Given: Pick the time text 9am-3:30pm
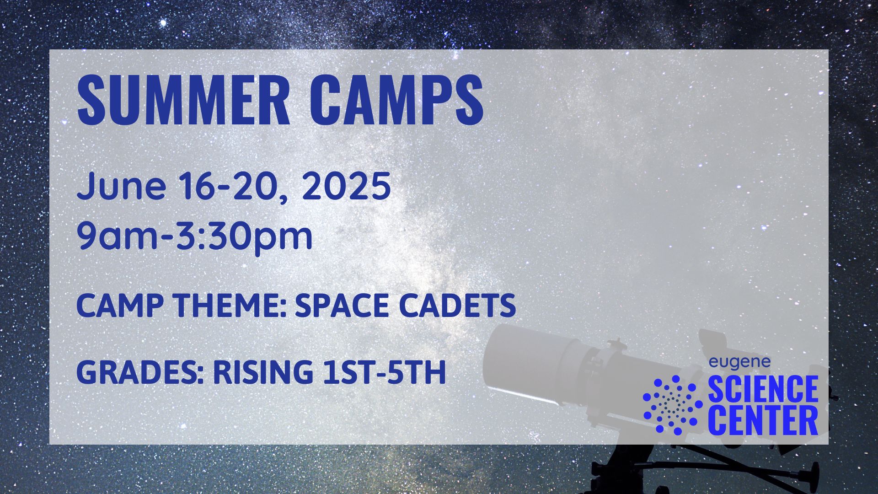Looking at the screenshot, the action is (195, 236).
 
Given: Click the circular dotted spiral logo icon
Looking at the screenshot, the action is (673, 405).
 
